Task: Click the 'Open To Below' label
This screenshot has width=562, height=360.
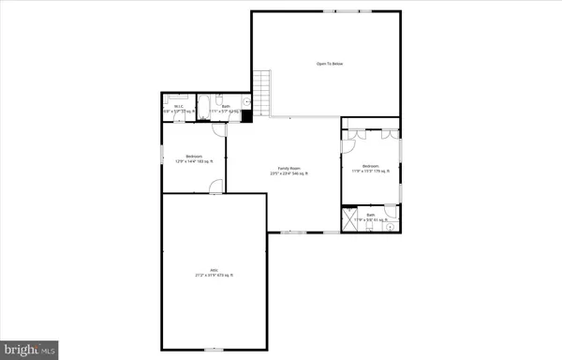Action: [x=328, y=64]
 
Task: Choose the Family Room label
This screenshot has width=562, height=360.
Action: [x=288, y=168]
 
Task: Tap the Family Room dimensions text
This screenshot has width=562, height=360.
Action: [x=288, y=173]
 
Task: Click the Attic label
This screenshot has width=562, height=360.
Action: [x=214, y=269]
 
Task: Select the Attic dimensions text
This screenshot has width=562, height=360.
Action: [x=214, y=275]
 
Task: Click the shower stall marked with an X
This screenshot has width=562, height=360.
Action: [x=350, y=220]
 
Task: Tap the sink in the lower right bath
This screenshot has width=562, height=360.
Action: [x=392, y=225]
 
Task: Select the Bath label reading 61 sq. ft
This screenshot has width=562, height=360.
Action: [x=371, y=218]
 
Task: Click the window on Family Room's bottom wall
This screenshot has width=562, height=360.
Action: [x=293, y=231]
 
